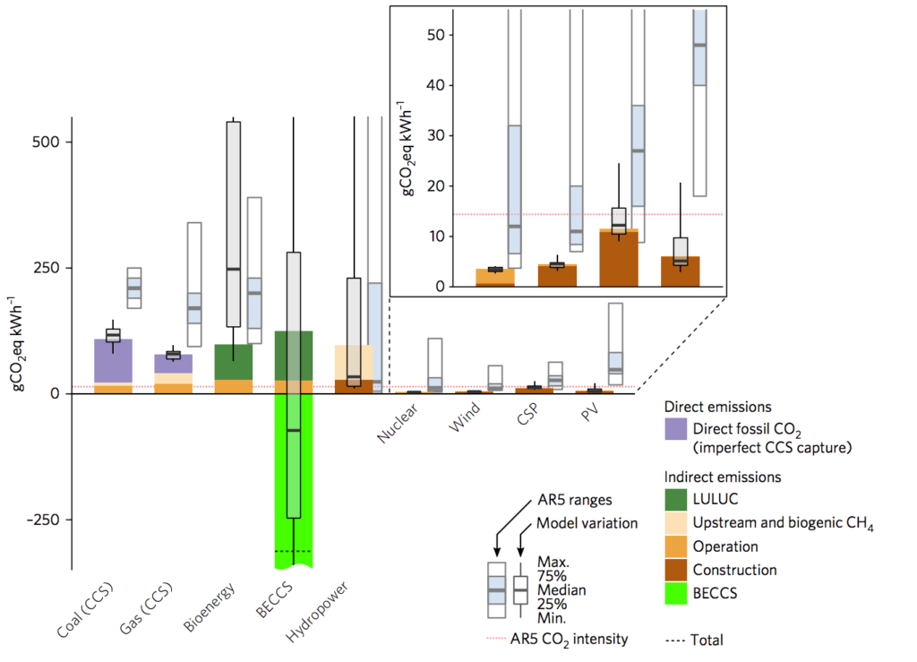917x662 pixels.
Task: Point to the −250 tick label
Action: coord(41,520)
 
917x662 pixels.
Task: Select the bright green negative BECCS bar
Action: coord(293,475)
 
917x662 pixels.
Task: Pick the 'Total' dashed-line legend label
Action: coord(707,640)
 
